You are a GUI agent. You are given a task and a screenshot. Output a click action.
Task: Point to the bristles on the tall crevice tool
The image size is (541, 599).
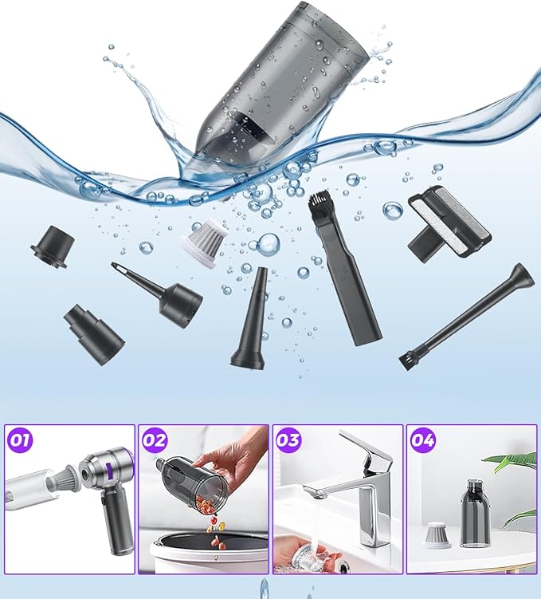click(x=323, y=208)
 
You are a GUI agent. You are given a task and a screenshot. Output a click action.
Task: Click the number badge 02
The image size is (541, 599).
click(x=156, y=438)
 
